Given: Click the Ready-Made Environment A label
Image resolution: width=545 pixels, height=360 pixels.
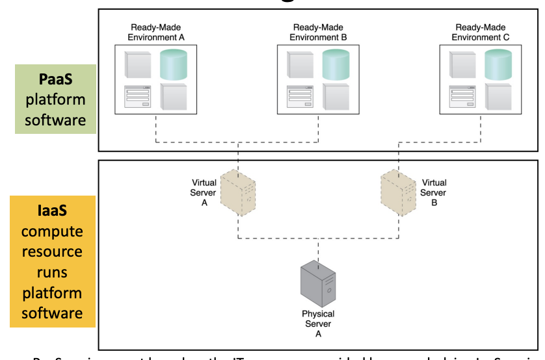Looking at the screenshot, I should pyautogui.click(x=156, y=32).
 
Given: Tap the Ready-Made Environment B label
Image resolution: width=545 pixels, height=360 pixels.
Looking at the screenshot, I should pyautogui.click(x=319, y=32).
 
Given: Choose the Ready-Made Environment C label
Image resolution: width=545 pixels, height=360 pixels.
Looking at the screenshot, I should pyautogui.click(x=481, y=32).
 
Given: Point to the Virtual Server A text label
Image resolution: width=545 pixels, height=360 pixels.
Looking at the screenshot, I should pyautogui.click(x=204, y=192).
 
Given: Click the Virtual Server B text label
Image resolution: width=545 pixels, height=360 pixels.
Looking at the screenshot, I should pyautogui.click(x=434, y=192).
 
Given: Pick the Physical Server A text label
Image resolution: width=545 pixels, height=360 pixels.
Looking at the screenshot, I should pyautogui.click(x=318, y=324).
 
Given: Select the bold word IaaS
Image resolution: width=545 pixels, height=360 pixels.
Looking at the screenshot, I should pyautogui.click(x=52, y=211).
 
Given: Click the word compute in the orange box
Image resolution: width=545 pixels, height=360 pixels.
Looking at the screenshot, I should pyautogui.click(x=52, y=231).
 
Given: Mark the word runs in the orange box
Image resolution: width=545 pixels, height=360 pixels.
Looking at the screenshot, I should pyautogui.click(x=52, y=272).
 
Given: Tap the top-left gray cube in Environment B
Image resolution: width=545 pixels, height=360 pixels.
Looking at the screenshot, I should pyautogui.click(x=300, y=64).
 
